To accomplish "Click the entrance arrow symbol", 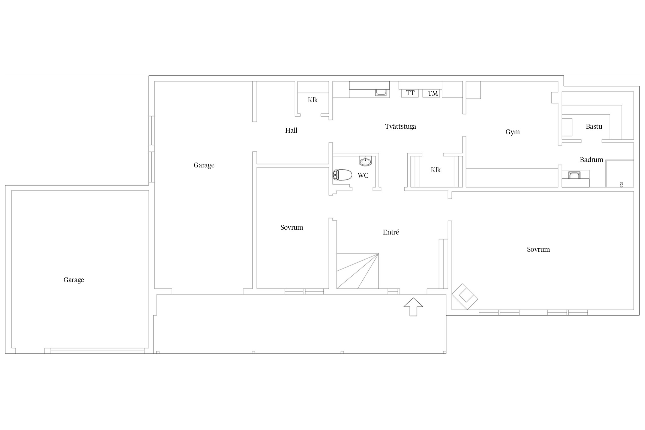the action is tap(413, 307).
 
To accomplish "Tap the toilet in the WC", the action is tap(342, 175).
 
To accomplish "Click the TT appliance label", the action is tap(410, 93).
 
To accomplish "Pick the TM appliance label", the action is tap(433, 93).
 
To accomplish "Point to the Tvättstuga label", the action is tap(400, 126).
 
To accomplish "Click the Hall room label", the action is tap(291, 130).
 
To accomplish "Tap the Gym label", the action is tap(513, 132).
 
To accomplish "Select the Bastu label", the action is tap(594, 126).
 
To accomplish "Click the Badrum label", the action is tap(591, 160).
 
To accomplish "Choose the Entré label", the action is tap(391, 232).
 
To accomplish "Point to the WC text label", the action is tap(363, 175).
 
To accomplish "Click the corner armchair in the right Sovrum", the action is tap(465, 296).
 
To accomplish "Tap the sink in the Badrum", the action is tap(574, 175).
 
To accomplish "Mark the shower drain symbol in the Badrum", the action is tap(621, 184).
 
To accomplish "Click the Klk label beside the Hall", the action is tap(313, 100).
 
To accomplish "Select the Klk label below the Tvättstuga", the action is tap(436, 170).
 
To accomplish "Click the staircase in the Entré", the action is tap(357, 271).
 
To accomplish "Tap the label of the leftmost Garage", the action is tap(74, 280).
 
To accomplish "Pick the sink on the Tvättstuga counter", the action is tap(381, 92).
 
